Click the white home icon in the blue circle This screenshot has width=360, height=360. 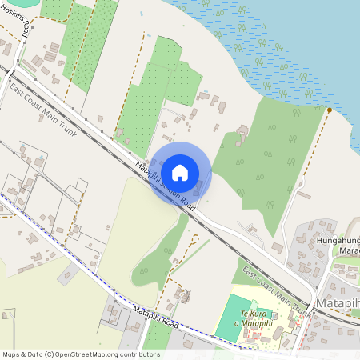180,171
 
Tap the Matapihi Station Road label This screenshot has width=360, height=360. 166,185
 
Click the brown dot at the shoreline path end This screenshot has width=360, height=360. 330,110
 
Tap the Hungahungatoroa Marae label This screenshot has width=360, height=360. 339,244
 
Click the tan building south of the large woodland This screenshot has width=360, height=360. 277,248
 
